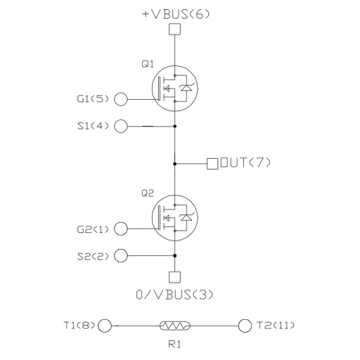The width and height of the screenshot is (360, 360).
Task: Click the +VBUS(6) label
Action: pos(176,14)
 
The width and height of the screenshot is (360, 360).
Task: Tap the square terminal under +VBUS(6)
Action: pos(174,29)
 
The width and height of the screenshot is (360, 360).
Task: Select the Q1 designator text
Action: pos(148,64)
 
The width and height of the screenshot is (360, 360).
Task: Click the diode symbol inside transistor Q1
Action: pos(186,88)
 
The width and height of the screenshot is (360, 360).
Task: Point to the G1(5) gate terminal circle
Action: pos(121,99)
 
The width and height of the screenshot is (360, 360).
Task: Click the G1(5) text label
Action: pos(93,98)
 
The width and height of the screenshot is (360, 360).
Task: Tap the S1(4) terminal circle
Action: pos(121,126)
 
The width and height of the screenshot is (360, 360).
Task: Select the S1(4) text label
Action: pos(93,126)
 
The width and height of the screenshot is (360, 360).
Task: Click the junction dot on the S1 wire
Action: pos(174,126)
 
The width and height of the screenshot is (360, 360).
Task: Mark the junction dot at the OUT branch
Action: pos(174,164)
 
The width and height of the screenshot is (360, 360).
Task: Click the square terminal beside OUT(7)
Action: pos(212,164)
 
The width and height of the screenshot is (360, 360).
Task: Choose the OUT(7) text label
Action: pos(245,162)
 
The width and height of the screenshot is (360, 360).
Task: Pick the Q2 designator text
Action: pos(148,193)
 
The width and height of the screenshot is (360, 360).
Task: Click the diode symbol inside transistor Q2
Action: pos(186,217)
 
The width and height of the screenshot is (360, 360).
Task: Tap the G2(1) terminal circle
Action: pos(121,229)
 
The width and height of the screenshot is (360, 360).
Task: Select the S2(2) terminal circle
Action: pos(121,255)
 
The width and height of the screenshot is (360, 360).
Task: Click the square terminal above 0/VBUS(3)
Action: pos(174,278)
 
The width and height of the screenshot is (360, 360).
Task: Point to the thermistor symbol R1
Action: pos(175,326)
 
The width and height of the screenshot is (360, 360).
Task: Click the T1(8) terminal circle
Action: pos(105,326)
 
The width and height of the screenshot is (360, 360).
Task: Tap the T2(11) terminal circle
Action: pos(245,326)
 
